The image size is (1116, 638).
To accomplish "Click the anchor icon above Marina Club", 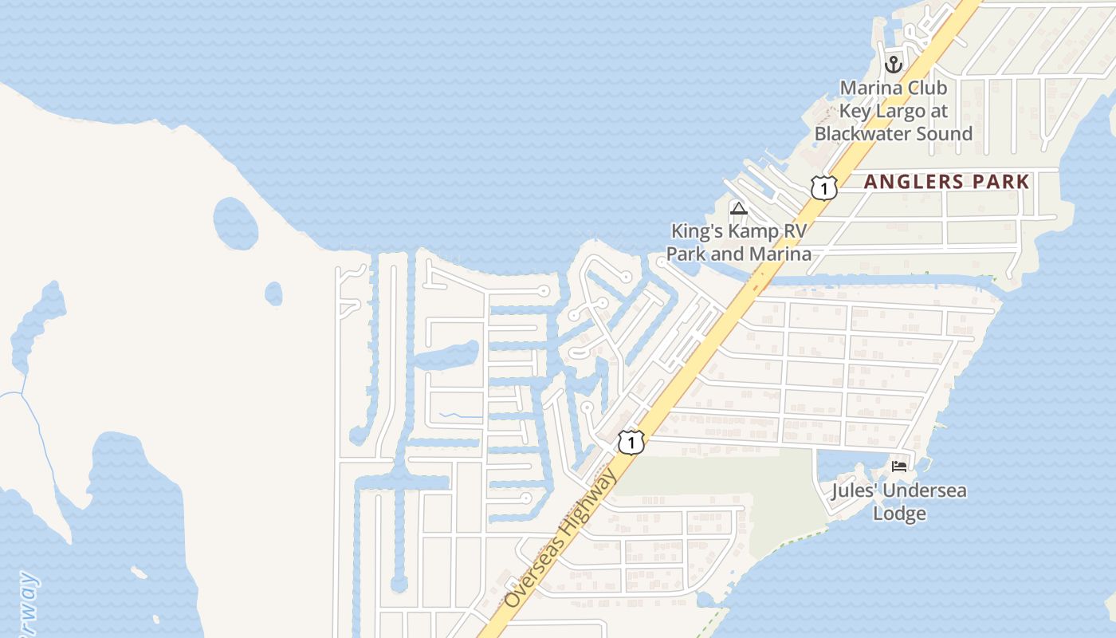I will [894, 64].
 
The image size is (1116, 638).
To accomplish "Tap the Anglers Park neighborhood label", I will [947, 182].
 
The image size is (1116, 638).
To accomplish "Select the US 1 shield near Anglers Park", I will [823, 188].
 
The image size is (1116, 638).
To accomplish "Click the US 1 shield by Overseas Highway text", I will [631, 442].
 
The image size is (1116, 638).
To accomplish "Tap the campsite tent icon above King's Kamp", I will [738, 209].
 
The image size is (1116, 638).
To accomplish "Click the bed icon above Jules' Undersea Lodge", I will [899, 467].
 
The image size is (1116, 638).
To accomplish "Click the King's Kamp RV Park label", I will [739, 242].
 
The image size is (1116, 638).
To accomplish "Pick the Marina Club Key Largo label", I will [894, 111].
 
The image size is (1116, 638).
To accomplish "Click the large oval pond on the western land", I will [235, 223].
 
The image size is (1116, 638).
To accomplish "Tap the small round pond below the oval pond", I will [273, 293].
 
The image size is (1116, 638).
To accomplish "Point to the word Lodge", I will [899, 514].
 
